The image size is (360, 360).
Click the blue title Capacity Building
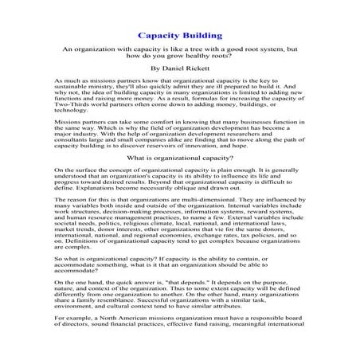[179, 37]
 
